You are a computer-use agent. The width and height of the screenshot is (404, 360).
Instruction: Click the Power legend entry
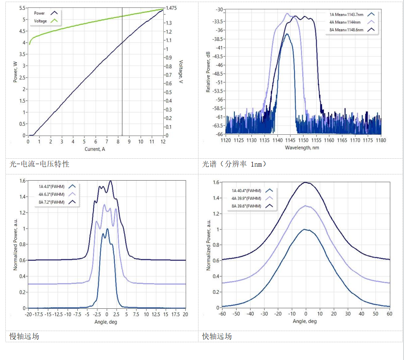(39, 13)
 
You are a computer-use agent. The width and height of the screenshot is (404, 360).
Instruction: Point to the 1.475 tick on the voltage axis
(171, 8)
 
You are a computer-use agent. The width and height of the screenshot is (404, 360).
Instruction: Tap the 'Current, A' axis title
(95, 149)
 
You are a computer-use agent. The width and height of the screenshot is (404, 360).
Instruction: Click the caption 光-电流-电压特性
(40, 164)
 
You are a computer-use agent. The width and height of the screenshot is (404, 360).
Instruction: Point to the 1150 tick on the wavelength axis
(304, 141)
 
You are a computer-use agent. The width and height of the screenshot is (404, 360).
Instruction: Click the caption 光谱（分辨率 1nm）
(234, 164)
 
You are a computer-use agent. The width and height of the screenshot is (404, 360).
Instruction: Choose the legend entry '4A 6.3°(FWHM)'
(52, 194)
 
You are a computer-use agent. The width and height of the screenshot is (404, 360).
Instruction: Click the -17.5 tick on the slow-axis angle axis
(38, 315)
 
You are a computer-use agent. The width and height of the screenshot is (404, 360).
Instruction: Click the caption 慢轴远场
(24, 336)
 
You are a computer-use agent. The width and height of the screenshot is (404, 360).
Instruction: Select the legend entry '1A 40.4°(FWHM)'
(246, 191)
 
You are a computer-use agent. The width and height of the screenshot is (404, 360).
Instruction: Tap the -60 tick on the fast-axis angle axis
(222, 314)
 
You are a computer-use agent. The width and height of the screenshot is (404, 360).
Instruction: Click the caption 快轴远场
(217, 336)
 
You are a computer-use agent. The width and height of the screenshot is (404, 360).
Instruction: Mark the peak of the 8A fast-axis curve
(306, 182)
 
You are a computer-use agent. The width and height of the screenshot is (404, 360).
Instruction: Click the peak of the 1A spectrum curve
(287, 34)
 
